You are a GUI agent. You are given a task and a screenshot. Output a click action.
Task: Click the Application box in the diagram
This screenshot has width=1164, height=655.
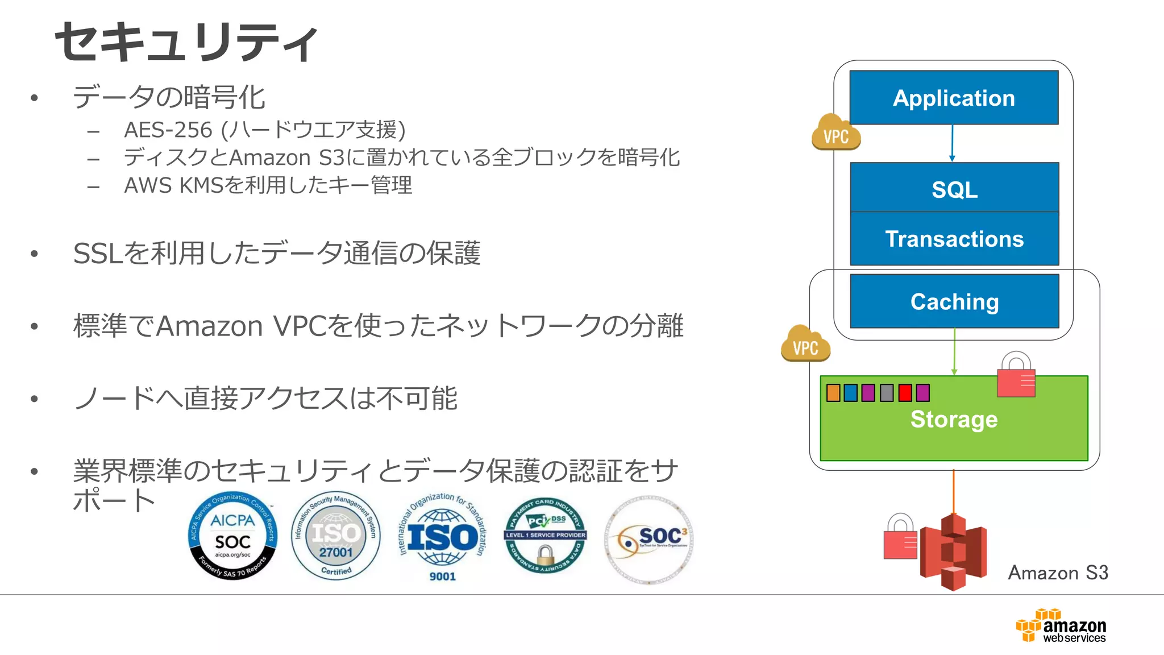click(954, 98)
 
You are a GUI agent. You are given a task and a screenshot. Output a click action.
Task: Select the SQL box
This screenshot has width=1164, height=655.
click(954, 189)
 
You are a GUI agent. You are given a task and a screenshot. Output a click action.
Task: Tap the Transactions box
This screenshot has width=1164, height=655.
click(954, 239)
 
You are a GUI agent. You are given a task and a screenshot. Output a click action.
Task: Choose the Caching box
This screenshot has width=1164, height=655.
click(954, 301)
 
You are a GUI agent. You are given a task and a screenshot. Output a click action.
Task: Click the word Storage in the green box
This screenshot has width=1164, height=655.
click(954, 419)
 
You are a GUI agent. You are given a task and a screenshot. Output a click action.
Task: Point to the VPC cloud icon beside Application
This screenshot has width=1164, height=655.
click(835, 133)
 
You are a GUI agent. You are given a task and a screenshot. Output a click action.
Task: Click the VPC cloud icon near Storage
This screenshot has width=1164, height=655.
click(805, 345)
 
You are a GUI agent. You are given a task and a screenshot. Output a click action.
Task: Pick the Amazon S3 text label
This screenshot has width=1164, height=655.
click(1058, 573)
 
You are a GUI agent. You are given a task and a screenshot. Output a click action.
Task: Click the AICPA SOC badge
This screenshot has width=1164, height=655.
click(233, 536)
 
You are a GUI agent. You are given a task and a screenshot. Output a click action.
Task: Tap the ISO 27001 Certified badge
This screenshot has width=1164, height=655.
click(336, 536)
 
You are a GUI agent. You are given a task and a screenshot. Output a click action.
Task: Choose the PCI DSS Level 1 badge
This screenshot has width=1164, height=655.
click(545, 536)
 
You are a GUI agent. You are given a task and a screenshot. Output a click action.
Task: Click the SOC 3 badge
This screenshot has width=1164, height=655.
click(649, 539)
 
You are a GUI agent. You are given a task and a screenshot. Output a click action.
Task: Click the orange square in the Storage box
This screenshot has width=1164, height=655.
click(833, 393)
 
